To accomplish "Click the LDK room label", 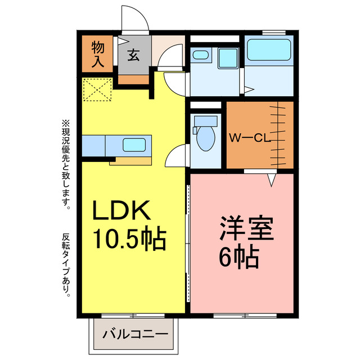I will coord(121,211).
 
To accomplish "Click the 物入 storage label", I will coord(97,54).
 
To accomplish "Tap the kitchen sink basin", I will coord(134,145).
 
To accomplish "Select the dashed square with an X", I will coord(97,90).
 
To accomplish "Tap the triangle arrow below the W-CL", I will coord(271,180).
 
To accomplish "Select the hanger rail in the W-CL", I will coord(278,135).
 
